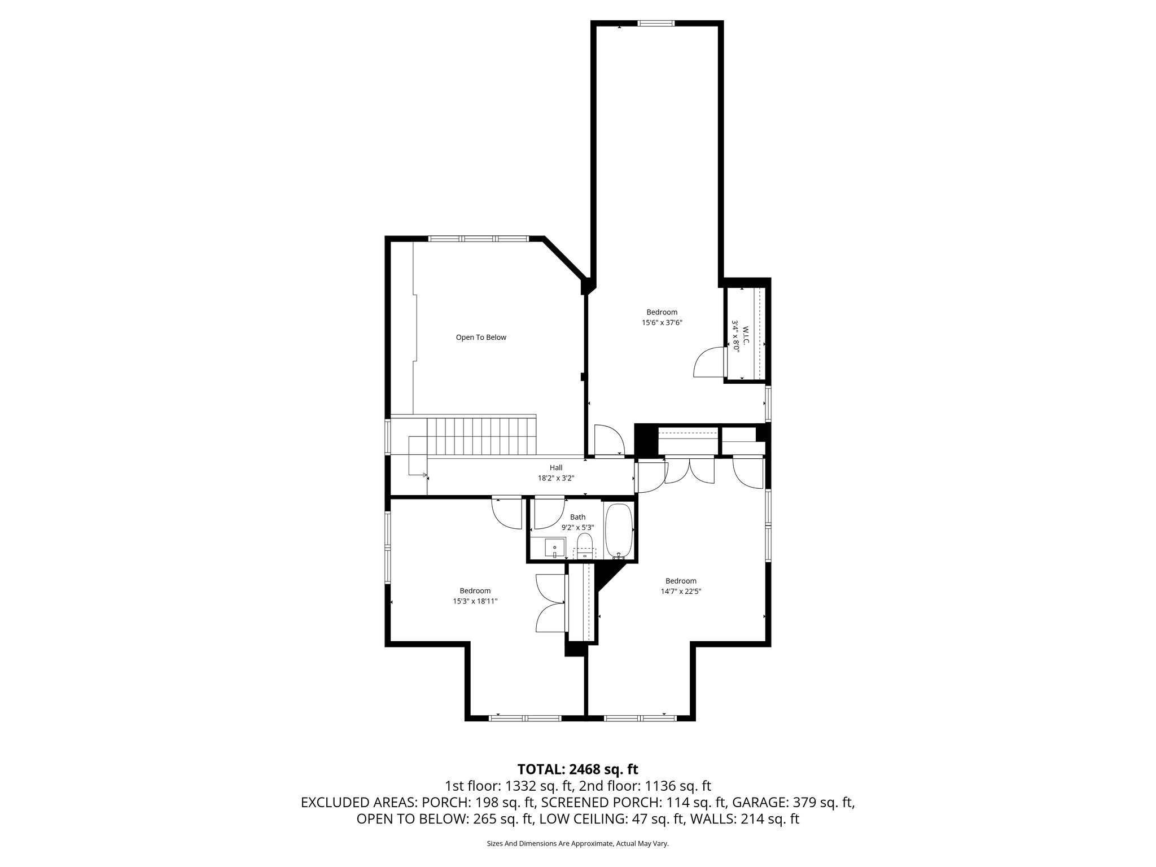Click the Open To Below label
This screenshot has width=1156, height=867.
(x=481, y=338)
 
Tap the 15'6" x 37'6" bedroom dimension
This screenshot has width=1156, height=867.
(x=662, y=323)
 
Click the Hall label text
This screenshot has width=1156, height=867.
(x=556, y=467)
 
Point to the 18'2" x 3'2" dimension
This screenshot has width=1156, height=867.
(x=556, y=478)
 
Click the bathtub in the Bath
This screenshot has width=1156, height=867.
(x=619, y=531)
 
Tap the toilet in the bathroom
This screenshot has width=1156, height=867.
(x=585, y=546)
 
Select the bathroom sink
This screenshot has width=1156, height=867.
(x=555, y=548)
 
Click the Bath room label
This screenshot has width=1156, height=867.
(x=577, y=517)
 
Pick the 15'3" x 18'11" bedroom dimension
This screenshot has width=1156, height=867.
(x=475, y=602)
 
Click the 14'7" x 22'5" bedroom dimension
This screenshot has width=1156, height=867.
(x=681, y=592)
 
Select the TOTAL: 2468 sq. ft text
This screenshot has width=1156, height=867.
(x=577, y=769)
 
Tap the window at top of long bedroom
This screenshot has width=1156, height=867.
(x=656, y=24)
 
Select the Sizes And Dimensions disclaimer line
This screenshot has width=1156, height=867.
(x=577, y=843)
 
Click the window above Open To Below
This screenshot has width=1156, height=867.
(x=479, y=239)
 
